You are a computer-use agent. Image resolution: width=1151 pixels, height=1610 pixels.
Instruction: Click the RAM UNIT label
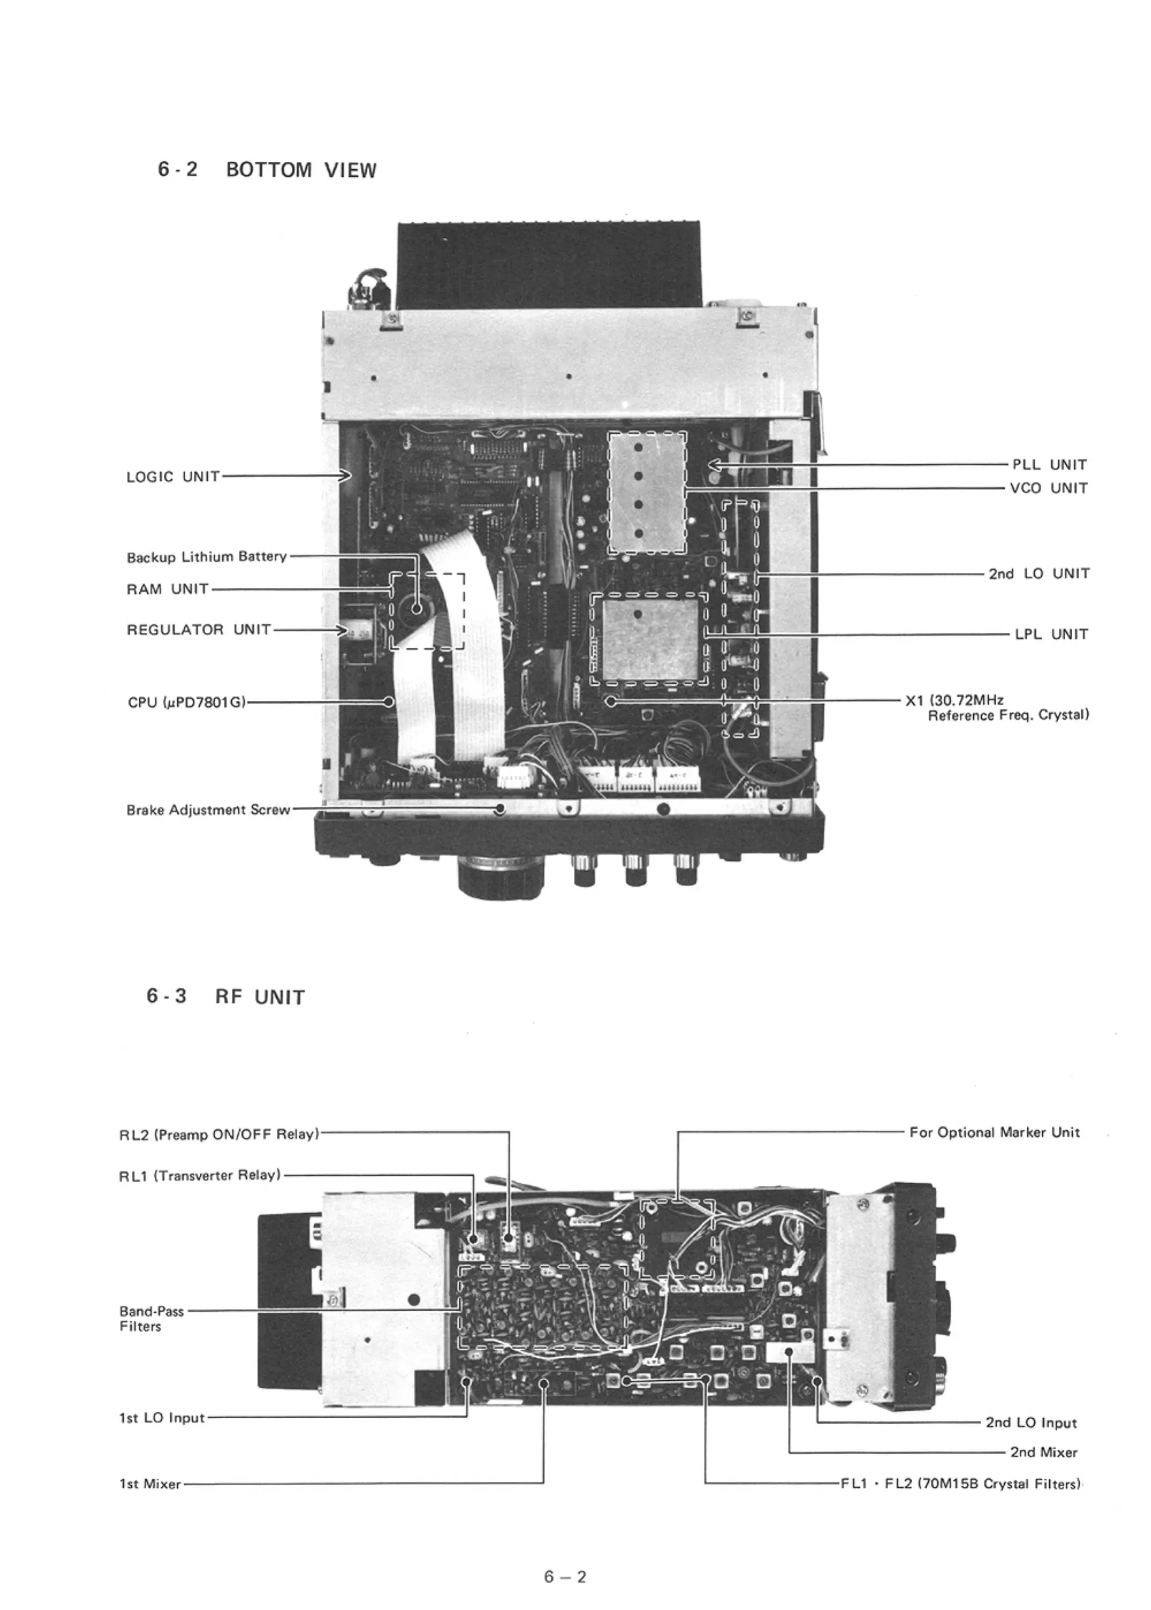point(167,589)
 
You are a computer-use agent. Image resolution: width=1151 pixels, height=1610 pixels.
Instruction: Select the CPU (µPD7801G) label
point(186,703)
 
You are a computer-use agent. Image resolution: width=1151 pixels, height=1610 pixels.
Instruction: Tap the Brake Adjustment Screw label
point(208,810)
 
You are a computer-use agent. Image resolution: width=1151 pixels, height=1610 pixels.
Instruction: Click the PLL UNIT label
point(1049,465)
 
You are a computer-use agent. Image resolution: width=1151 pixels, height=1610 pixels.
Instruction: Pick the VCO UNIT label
point(1049,488)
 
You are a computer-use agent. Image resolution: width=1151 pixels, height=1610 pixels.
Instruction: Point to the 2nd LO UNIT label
point(1039,574)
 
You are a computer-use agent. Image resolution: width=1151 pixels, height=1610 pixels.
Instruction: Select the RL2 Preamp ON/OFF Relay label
point(219,1134)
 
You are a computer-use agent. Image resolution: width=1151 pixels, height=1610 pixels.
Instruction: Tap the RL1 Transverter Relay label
point(200,1175)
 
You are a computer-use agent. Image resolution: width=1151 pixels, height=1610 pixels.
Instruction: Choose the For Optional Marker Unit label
point(994,1132)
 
